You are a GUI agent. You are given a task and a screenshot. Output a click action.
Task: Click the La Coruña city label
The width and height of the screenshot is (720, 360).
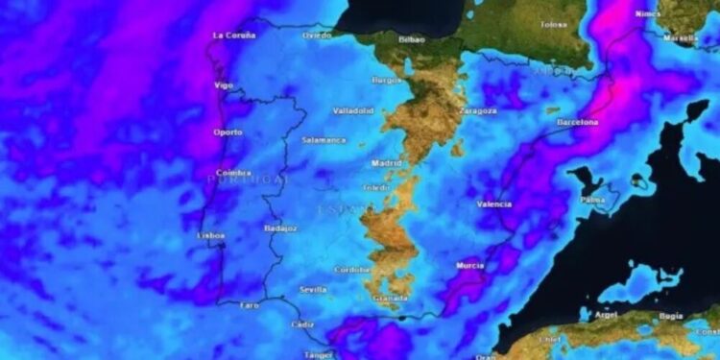point(233,36)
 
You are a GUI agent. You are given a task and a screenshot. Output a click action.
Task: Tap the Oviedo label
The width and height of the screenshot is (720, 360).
point(317,36)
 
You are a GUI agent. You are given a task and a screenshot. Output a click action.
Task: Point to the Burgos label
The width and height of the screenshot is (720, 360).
point(386,80)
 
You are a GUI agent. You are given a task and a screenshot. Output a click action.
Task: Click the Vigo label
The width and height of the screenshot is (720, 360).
point(224,85)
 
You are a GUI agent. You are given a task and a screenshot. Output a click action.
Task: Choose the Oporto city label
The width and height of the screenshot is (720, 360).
point(228,132)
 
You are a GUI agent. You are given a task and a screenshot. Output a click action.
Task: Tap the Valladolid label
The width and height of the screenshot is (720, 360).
point(352,110)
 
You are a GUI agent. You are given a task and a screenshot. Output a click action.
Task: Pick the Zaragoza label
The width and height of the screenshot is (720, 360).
point(477,110)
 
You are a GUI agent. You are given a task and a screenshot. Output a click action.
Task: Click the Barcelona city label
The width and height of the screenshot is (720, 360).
point(577,122)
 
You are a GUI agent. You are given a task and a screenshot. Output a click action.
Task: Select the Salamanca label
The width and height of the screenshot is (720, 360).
point(324,140)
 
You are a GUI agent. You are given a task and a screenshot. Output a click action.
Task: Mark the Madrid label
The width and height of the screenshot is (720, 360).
point(387,163)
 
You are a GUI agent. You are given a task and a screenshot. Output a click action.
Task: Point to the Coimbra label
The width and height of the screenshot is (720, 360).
point(233,174)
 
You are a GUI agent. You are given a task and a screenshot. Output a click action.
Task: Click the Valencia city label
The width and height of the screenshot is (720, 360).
point(493,204)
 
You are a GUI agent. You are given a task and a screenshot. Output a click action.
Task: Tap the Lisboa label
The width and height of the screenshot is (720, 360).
point(210,235)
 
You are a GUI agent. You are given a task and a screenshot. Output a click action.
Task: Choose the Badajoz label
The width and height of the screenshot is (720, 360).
point(279,228)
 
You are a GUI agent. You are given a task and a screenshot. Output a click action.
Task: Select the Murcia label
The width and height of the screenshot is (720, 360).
point(470,265)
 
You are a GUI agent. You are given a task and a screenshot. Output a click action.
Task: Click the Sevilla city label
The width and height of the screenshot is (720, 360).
point(313,289)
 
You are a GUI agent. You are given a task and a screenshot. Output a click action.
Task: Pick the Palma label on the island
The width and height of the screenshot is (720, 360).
point(592,200)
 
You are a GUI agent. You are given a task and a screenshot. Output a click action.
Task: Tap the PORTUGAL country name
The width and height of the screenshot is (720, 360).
point(247,180)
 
